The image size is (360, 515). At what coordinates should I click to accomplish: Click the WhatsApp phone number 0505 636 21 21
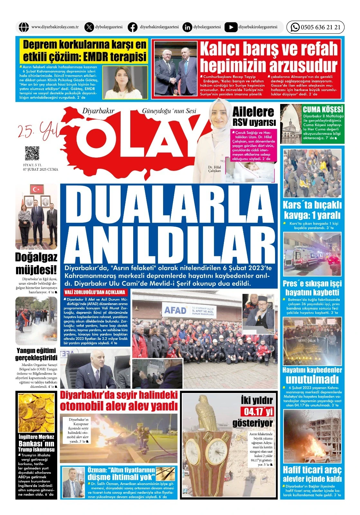coord(320,27)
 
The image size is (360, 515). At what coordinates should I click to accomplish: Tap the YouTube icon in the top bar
coord(231,27)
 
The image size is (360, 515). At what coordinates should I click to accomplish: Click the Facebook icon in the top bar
coord(133,27)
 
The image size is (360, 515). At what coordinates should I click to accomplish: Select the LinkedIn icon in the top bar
coord(187,27)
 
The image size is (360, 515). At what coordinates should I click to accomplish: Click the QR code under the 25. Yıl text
coord(32,154)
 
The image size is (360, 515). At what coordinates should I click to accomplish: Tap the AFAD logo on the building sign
coord(175,310)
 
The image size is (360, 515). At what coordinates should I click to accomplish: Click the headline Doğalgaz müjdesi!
coord(36,263)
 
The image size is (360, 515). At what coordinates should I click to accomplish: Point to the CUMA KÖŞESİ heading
coord(323,109)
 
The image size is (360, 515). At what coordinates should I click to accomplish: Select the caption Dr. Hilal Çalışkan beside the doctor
coord(214,169)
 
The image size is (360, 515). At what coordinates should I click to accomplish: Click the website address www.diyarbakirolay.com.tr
coord(55,27)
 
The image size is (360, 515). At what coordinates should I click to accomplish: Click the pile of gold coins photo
coord(36,412)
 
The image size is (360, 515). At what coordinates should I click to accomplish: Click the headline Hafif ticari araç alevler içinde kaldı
coord(312,474)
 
